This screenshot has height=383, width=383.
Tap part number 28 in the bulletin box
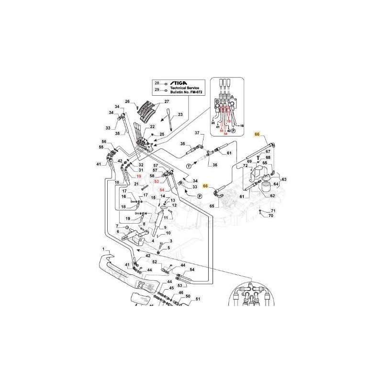[156, 84]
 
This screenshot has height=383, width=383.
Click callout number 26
[127, 101]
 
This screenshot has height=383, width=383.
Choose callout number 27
[167, 101]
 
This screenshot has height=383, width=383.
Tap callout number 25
[162, 134]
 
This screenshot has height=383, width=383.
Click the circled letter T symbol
[188, 166]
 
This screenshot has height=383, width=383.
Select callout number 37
[196, 132]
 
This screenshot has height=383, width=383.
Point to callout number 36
[214, 165]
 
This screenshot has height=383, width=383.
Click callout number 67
[268, 152]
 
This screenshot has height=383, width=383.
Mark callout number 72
[245, 166]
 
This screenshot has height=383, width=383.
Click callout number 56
[103, 141]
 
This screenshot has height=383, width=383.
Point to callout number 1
[102, 249]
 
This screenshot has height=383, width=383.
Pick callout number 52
[155, 262]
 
